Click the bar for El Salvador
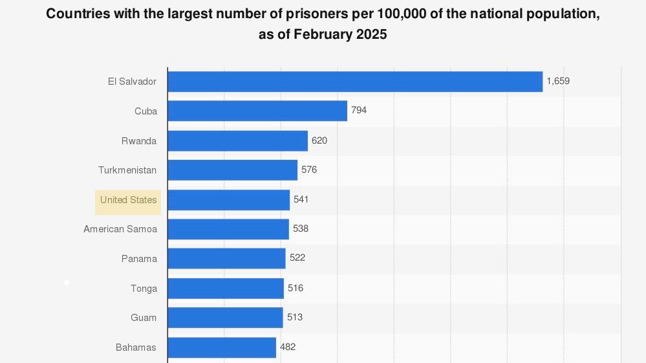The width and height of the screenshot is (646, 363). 355,82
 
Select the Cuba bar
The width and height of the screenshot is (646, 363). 257,111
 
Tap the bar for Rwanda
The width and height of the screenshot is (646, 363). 237,140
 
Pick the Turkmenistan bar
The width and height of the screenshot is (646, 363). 232,170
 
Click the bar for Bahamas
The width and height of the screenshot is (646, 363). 222,347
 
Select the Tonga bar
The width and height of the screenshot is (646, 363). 226,289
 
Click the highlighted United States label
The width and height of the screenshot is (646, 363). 128,201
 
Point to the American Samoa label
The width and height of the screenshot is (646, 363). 120,229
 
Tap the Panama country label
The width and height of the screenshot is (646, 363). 139,259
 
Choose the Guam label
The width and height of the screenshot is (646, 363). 144,318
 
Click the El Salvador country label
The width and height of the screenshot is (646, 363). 133,82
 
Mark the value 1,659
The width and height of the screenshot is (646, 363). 558,82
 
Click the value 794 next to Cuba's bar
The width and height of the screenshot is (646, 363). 359,111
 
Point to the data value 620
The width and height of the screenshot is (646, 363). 319,140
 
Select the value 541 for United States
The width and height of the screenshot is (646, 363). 301,200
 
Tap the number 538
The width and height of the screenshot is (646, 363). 301,229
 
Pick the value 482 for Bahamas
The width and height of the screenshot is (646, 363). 288,347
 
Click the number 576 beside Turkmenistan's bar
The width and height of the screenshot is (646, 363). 309,170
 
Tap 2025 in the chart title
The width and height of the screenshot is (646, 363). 372,35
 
